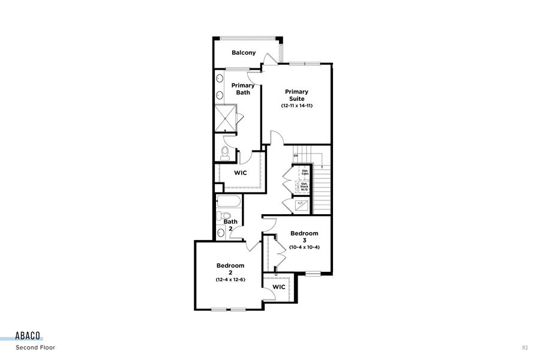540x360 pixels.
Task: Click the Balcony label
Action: click(x=244, y=53)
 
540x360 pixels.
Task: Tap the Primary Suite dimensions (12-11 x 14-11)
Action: click(x=297, y=106)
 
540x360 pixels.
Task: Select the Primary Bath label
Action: click(x=243, y=89)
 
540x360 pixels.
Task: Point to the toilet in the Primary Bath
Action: click(x=225, y=152)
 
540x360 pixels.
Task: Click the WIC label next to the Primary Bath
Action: click(x=241, y=173)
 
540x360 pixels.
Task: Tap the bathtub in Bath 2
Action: click(x=229, y=201)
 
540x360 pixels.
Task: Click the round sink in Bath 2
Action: click(x=220, y=233)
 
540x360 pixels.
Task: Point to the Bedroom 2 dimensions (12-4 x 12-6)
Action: click(x=230, y=280)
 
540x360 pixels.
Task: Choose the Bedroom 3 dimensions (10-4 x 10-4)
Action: click(x=304, y=247)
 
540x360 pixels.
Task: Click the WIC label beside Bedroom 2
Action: click(x=278, y=287)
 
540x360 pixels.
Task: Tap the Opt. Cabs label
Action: click(x=305, y=172)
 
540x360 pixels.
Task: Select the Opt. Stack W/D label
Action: click(x=304, y=187)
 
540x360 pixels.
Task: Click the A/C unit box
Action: click(x=302, y=205)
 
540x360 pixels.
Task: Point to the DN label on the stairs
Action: click(x=296, y=157)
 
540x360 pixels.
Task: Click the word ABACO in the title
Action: click(x=29, y=337)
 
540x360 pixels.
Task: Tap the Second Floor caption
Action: click(x=35, y=347)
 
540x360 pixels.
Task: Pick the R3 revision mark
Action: click(x=524, y=347)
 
